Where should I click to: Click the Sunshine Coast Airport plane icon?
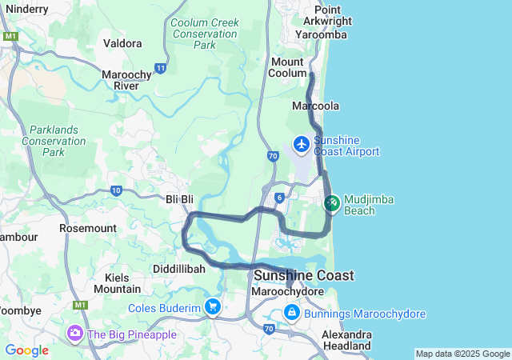[x=302, y=145]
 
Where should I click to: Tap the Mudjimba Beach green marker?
[x=332, y=203]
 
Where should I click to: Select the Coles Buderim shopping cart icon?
[x=212, y=306]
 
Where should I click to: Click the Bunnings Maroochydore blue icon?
[x=292, y=314]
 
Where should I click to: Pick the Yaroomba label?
[x=320, y=35]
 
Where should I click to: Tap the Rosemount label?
[x=89, y=228]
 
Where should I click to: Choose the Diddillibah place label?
[x=179, y=269]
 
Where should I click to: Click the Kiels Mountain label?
[x=117, y=282]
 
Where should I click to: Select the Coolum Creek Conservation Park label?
[x=205, y=34]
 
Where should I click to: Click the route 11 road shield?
[x=161, y=69]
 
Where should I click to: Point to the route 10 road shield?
[x=116, y=190]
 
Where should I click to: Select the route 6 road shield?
[x=278, y=197]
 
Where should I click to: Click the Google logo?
[x=26, y=350]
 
